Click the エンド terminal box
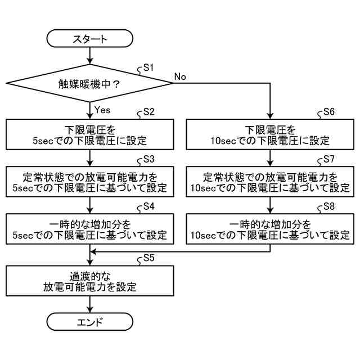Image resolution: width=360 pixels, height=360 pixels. click(x=90, y=322)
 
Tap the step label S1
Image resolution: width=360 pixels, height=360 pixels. click(x=148, y=67)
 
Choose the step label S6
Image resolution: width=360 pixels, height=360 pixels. click(x=329, y=111)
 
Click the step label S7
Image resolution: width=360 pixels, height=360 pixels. click(x=329, y=159)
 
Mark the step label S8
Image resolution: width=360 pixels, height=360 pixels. click(x=329, y=206)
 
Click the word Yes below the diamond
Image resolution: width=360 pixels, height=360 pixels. click(x=105, y=108)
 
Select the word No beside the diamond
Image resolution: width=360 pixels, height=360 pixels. click(x=180, y=76)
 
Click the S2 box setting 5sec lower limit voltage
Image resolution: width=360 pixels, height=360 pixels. click(x=90, y=133)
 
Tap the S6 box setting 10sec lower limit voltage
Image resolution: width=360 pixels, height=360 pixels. click(x=271, y=133)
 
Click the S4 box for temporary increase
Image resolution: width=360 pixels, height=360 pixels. click(x=90, y=227)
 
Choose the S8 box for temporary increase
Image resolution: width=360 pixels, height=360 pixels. click(x=271, y=227)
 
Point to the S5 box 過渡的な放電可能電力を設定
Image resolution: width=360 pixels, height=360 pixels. click(x=90, y=281)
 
